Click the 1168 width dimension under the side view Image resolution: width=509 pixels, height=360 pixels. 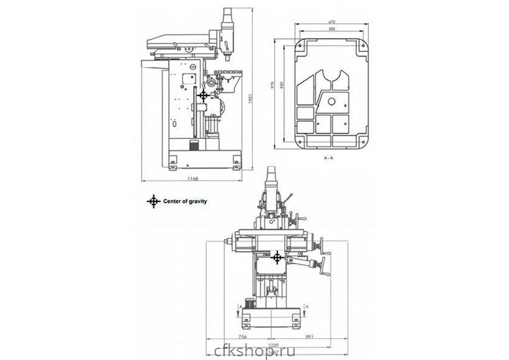tap(192, 179)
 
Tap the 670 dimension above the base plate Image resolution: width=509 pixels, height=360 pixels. tap(333, 23)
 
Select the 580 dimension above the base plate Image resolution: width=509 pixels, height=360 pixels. tap(333, 30)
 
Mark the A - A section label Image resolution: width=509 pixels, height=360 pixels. tap(329, 159)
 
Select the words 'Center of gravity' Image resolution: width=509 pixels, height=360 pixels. tap(185, 201)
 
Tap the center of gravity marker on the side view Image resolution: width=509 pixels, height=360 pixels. tap(203, 95)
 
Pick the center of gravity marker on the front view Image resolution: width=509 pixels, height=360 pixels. tap(277, 257)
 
